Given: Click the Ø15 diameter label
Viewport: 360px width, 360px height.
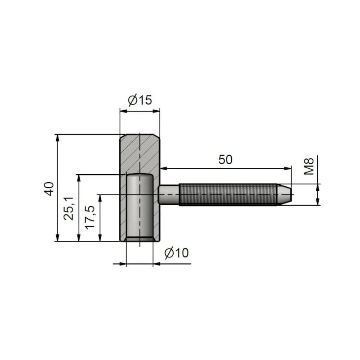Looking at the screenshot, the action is click(140, 100).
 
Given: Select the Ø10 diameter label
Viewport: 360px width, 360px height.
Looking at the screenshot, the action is click(176, 253).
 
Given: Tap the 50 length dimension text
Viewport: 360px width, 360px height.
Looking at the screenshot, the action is click(225, 160).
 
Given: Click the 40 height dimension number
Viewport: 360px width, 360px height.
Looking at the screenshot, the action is click(49, 189).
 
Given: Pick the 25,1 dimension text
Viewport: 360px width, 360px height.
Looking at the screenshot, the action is click(69, 208).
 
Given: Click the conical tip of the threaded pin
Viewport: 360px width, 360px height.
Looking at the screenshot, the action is click(284, 195).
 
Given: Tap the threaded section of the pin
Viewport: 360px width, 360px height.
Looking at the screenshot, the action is click(228, 195).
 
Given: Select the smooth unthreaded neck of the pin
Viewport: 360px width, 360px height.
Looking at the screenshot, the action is click(169, 195).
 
